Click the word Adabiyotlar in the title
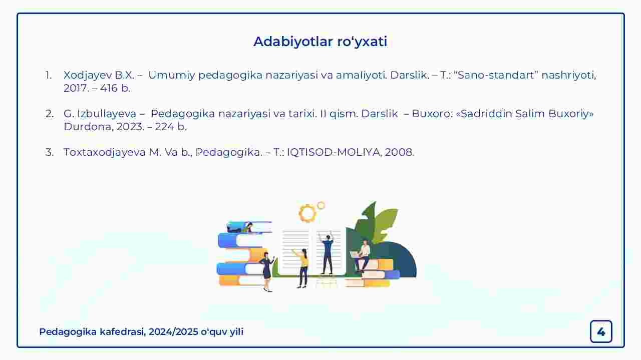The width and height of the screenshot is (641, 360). pos(293,42)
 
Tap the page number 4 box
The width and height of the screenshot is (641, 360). pos(601,331)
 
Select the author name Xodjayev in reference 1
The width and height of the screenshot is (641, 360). pos(88,76)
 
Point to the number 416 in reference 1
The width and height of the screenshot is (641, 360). pos(109,88)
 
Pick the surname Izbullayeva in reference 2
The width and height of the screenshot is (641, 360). pos(107,114)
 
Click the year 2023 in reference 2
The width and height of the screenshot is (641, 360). pos(130,127)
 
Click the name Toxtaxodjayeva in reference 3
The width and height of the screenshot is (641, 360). pos(105,153)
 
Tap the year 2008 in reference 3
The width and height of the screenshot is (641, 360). pos(399,152)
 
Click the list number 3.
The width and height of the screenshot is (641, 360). pos(49,152)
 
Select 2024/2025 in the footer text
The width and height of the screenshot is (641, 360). pos(173,331)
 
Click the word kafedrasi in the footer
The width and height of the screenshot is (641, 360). pos(123,331)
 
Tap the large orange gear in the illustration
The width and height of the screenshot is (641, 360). pos(307,213)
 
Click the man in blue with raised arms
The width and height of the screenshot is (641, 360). pos(327,253)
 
